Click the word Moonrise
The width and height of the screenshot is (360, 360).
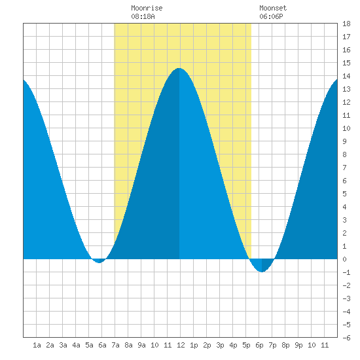click(x=147, y=8)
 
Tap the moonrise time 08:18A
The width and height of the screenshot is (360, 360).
click(x=143, y=16)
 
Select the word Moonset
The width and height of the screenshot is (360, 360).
click(x=273, y=8)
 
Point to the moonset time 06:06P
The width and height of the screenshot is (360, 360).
click(x=271, y=16)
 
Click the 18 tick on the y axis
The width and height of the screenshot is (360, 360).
click(x=346, y=24)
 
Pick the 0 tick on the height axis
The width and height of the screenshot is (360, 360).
click(x=344, y=259)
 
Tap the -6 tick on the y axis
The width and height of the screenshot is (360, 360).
click(x=346, y=338)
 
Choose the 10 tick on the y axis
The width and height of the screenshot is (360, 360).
click(x=346, y=128)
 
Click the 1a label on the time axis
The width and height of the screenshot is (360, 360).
click(x=37, y=345)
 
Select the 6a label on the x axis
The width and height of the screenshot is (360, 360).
click(x=102, y=345)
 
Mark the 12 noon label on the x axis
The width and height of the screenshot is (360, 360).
click(x=181, y=345)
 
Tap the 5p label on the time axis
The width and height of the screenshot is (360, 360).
click(x=246, y=345)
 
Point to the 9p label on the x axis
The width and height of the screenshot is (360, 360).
click(x=298, y=345)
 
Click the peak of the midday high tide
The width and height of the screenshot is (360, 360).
click(x=179, y=68)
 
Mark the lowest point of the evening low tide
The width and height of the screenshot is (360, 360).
click(x=262, y=272)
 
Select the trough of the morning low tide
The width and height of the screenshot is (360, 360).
click(x=99, y=262)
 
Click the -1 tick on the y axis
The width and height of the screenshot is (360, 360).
click(x=346, y=272)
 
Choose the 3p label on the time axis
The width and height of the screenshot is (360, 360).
click(x=220, y=345)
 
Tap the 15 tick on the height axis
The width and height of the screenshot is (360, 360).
click(x=346, y=63)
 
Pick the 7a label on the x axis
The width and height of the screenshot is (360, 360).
click(x=115, y=345)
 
